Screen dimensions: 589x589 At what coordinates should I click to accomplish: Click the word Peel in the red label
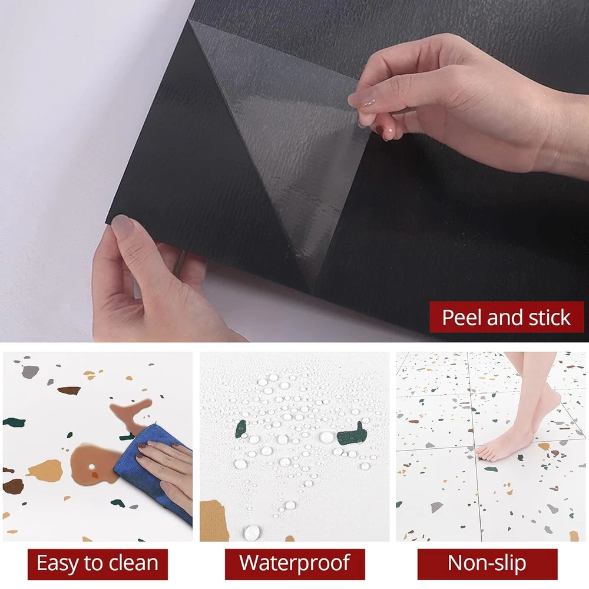(462, 317)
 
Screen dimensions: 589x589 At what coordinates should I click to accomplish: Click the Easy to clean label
(98, 564)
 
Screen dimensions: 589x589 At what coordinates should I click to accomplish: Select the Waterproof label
(295, 564)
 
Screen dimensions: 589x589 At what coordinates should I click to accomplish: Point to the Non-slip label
(487, 564)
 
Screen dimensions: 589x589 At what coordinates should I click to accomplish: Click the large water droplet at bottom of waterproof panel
(252, 532)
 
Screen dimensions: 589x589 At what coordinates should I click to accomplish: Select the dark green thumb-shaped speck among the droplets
(352, 434)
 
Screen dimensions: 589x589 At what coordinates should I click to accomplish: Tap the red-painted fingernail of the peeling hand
(383, 133)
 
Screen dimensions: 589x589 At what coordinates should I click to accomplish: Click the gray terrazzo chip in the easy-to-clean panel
(30, 372)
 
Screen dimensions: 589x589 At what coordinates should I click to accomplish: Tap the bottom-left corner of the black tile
(107, 223)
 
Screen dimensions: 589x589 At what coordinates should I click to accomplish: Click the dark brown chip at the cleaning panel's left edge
(13, 487)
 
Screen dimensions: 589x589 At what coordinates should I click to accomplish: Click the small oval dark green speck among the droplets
(241, 429)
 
